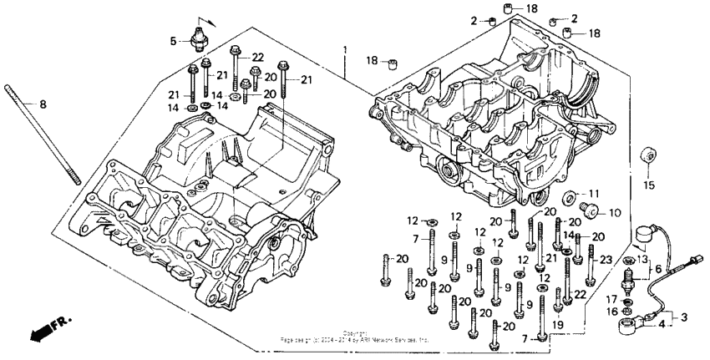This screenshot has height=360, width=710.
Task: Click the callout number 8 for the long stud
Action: (x=44, y=104)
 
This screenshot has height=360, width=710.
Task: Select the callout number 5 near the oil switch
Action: (x=175, y=40)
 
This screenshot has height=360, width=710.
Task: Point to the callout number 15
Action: (x=648, y=184)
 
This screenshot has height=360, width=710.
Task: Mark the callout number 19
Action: (x=558, y=324)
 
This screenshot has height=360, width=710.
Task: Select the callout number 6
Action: (x=657, y=270)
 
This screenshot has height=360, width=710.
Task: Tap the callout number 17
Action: (x=611, y=298)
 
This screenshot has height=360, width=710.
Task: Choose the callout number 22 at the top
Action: (x=257, y=57)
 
